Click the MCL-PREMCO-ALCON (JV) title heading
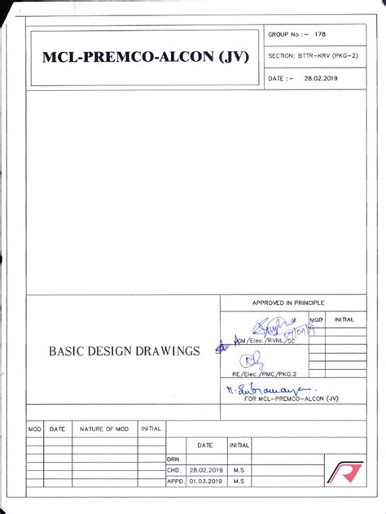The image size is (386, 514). pos(142,58)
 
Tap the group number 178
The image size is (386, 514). pos(322,34)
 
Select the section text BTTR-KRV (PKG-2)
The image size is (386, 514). pos(324,56)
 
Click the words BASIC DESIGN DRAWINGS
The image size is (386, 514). pos(125,351)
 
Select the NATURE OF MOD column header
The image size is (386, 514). pos(104,428)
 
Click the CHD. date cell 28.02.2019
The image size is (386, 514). pos(204,470)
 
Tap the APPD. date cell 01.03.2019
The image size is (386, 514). pos(204,481)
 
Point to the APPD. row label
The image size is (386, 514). pos(174,481)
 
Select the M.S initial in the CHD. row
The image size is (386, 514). pos(239,470)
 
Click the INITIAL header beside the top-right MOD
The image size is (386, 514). pos(343,320)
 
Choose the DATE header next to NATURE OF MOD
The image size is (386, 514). pos(57,428)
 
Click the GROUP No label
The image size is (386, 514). pos(287,34)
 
